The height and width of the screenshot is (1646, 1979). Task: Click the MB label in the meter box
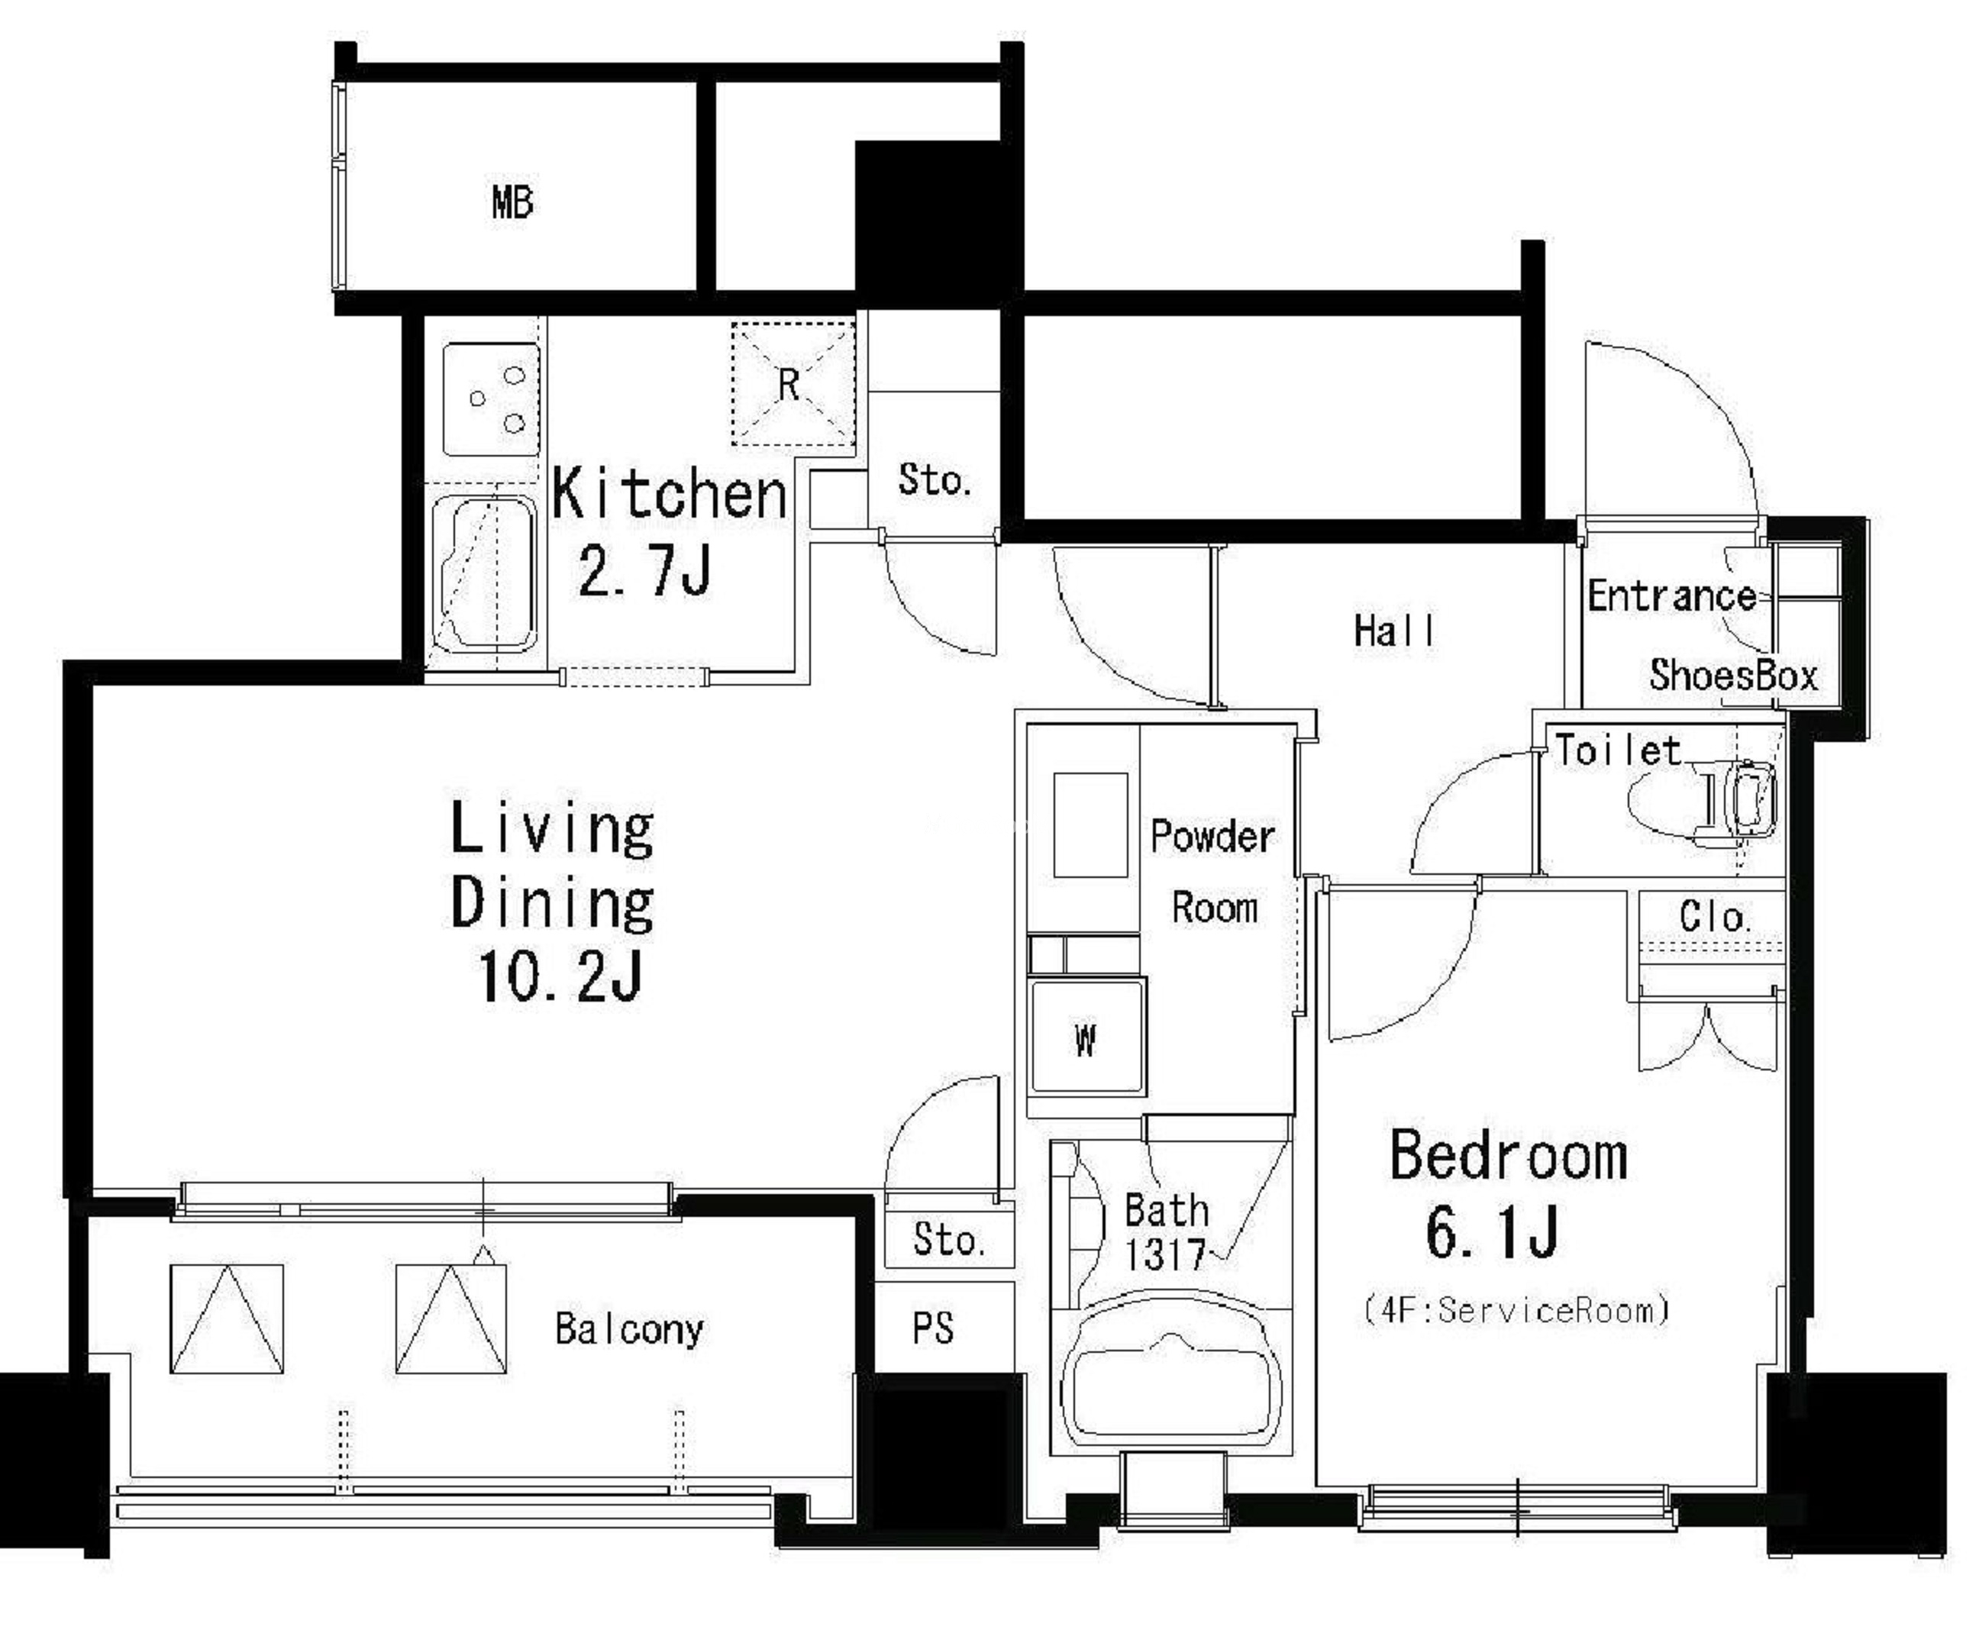pos(512,202)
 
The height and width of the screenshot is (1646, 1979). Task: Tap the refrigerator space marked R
pos(793,383)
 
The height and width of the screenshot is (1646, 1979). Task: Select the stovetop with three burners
pos(491,399)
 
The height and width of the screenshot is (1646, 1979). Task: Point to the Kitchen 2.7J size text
pos(644,571)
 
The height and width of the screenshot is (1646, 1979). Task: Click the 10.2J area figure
pos(560,976)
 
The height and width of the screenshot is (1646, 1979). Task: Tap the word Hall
pos(1394,631)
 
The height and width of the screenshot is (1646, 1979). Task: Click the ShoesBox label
pos(1733,675)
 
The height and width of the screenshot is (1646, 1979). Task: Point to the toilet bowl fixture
pos(1702,801)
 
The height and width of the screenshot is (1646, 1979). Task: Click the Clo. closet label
pos(1714,917)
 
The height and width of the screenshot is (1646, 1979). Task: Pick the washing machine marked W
pos(1087,1037)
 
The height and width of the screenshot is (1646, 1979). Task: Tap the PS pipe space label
pos(933,1328)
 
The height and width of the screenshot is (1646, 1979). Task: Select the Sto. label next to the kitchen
pos(933,479)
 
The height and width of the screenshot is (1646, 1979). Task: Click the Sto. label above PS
pos(948,1239)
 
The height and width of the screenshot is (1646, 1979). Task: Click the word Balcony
pos(628,1329)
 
